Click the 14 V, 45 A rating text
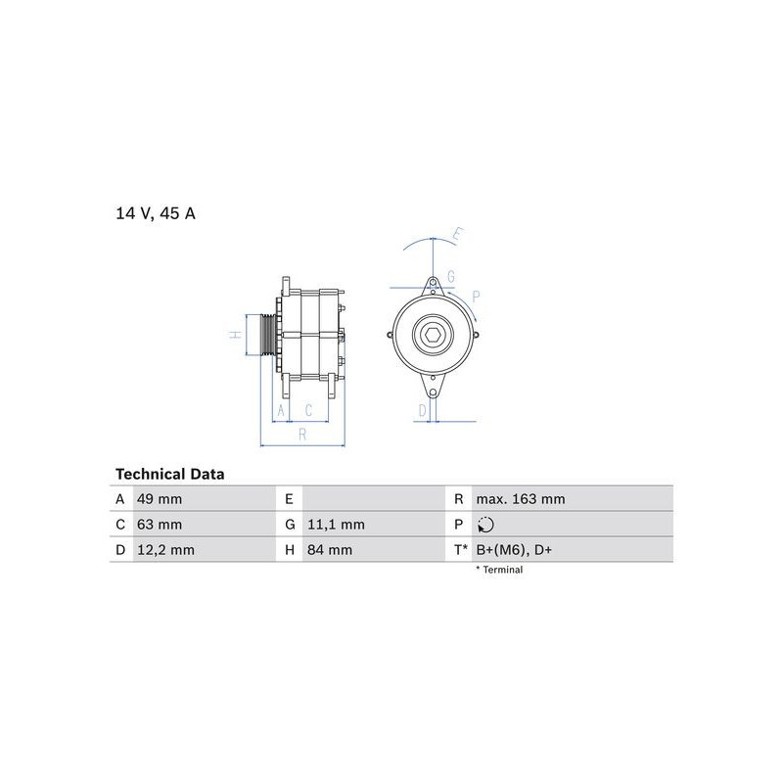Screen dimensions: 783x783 pos(156,213)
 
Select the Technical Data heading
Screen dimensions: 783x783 pos(169,474)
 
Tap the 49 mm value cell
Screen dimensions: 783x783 pos(160,499)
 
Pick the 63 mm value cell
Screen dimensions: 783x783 pos(160,525)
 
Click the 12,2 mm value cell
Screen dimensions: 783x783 pos(165,550)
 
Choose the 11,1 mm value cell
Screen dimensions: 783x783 pos(336,525)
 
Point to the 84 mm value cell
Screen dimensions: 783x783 pos(330,550)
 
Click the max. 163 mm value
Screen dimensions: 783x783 pos(521,499)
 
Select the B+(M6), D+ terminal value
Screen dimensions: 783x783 pos(514,550)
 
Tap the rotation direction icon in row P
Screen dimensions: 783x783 pos(485,525)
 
